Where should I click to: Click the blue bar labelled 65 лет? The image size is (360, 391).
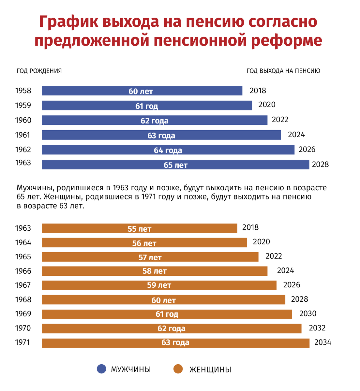[x=175, y=165]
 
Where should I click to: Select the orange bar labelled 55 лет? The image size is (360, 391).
[x=139, y=228]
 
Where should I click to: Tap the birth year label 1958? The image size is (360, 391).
[x=23, y=91]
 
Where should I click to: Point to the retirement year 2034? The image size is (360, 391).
[x=322, y=342]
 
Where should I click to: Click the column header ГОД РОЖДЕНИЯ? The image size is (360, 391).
[x=39, y=71]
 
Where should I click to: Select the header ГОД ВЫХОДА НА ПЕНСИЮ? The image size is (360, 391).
[x=283, y=71]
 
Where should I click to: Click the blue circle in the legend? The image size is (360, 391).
[x=102, y=369]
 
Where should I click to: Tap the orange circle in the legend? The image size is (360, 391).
[x=178, y=369]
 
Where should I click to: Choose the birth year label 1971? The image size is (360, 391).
[x=22, y=342]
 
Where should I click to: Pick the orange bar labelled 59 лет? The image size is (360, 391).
[x=159, y=285]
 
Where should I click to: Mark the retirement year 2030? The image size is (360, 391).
[x=308, y=313]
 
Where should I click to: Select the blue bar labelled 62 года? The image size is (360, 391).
[x=154, y=120]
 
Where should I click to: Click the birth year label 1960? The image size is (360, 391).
[x=23, y=120]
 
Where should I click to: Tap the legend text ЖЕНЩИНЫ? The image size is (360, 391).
[x=210, y=369]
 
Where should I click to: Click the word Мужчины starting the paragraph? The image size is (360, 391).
[x=35, y=188]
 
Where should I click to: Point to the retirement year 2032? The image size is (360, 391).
[x=317, y=328]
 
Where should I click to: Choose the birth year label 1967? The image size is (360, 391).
[x=23, y=285]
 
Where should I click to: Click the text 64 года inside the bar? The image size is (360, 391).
[x=168, y=150]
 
